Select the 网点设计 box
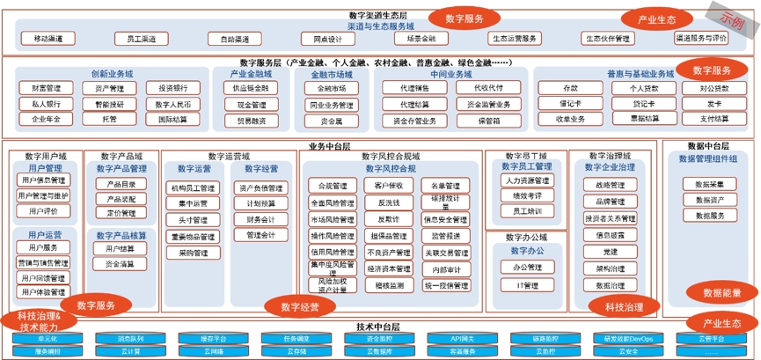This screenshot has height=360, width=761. pyautogui.click(x=322, y=39)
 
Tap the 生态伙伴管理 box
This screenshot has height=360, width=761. pyautogui.click(x=608, y=39)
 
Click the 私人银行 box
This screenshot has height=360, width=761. pyautogui.click(x=46, y=104)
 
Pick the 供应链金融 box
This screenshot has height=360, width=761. pyautogui.click(x=245, y=88)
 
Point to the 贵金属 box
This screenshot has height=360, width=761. pyautogui.click(x=332, y=120)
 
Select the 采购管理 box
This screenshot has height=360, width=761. pyautogui.click(x=193, y=253)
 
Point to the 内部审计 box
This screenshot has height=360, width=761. pyautogui.click(x=446, y=269)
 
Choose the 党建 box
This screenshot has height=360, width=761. pyautogui.click(x=611, y=253)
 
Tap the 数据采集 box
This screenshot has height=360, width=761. pyautogui.click(x=709, y=185)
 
